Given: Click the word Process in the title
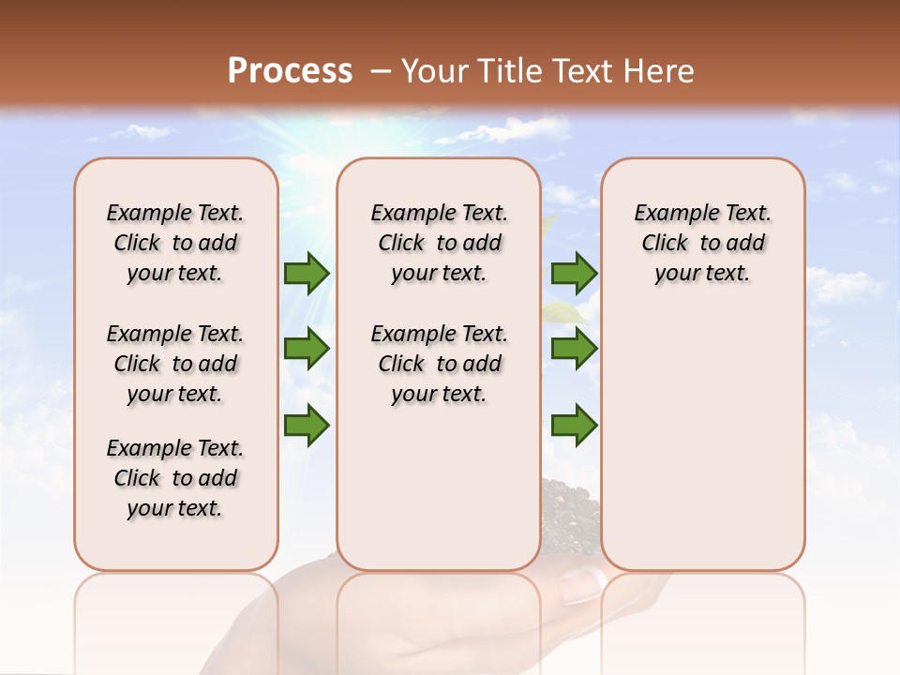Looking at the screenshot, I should (x=290, y=71).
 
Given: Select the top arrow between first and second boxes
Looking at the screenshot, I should (x=307, y=273).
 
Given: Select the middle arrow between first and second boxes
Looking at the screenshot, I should (x=307, y=350).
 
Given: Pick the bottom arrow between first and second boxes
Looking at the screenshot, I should (x=307, y=425).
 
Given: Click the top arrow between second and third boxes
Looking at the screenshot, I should (x=574, y=273).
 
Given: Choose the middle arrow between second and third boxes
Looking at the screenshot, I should (x=574, y=350).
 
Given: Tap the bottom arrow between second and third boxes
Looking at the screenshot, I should (x=574, y=425).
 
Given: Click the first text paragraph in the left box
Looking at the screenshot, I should (x=175, y=243).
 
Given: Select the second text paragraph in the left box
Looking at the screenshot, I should (x=175, y=364).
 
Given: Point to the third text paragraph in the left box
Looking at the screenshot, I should (x=175, y=478).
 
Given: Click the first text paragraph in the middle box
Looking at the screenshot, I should (x=439, y=243).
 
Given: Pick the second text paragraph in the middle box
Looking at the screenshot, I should (x=439, y=364).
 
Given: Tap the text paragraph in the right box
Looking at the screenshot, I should (x=702, y=243).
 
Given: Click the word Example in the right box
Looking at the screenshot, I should (x=667, y=214).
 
